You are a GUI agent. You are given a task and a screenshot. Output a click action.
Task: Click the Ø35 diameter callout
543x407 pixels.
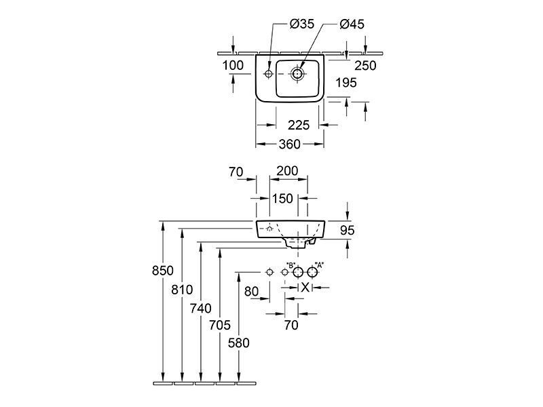point(301,24)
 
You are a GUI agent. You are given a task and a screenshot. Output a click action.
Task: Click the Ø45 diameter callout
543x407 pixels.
point(352,24)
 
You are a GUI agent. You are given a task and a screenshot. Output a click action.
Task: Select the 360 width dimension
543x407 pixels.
point(290,144)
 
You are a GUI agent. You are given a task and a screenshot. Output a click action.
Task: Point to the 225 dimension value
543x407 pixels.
point(299,125)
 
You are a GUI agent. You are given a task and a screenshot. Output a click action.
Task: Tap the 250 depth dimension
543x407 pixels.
point(365,65)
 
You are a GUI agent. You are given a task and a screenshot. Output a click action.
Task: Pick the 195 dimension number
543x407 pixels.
point(346,83)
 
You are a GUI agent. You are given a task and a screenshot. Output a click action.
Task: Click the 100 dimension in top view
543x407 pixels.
point(233,65)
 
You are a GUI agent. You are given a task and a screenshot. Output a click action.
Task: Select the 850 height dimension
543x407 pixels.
point(162,270)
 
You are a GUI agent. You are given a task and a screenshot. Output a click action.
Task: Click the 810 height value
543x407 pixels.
point(182,290)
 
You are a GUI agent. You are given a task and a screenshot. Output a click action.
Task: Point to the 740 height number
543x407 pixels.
point(200,308)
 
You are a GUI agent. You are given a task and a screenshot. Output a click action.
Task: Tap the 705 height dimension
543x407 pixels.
point(220,325)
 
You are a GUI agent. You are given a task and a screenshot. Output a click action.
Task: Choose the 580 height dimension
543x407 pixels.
point(239,343)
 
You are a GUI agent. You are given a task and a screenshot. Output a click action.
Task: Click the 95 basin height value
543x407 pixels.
point(347,230)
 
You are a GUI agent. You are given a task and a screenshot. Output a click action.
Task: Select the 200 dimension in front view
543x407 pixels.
point(287,171)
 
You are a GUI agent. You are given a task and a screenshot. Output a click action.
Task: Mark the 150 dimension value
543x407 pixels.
point(282,199)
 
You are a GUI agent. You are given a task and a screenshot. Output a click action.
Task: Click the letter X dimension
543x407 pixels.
point(305,287)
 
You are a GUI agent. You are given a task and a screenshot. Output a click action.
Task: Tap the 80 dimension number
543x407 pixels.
point(251,292)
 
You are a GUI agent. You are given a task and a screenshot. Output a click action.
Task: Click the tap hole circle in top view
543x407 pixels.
point(268,74)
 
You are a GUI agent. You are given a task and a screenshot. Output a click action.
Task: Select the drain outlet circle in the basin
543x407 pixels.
point(297,73)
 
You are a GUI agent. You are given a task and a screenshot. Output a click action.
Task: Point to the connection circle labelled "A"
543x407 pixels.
point(312,273)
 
